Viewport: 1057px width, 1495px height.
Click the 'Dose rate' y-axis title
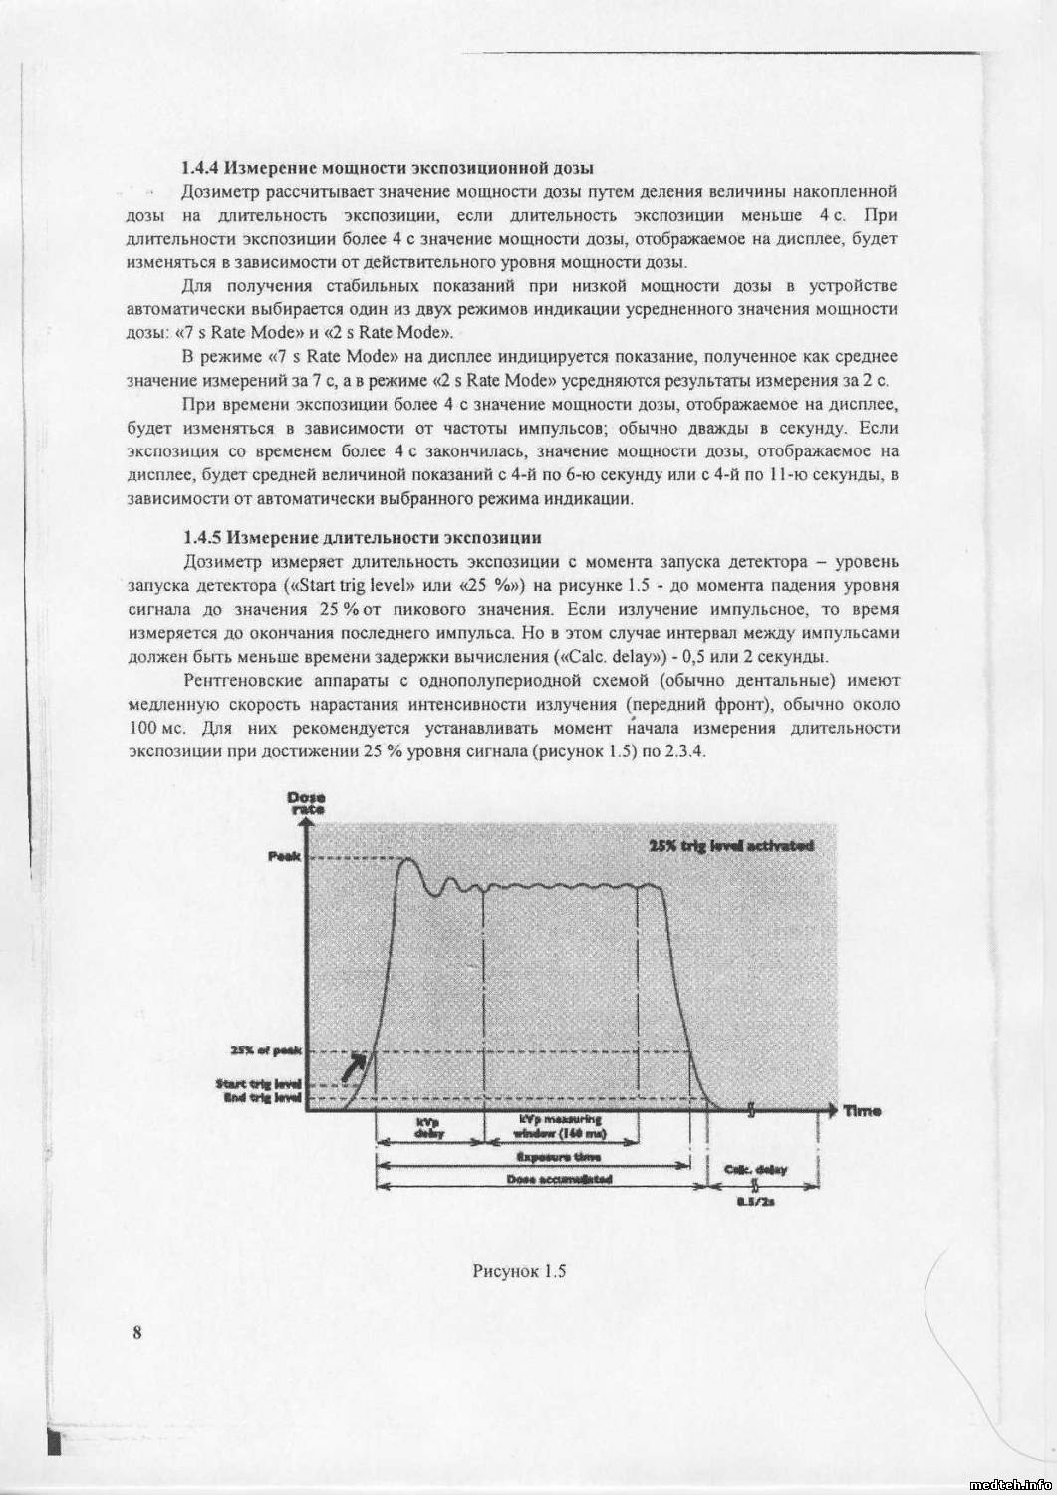tap(298, 802)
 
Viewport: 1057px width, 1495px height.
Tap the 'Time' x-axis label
tap(862, 1109)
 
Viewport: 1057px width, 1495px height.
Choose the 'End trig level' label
tap(261, 1098)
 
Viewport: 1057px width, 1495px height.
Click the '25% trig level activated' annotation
tap(730, 845)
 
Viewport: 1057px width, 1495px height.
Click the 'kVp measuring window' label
tap(558, 1127)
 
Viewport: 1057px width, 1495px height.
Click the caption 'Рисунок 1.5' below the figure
tap(519, 1271)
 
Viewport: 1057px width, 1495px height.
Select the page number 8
tap(136, 1333)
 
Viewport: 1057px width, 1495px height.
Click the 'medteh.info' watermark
tap(1008, 1481)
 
